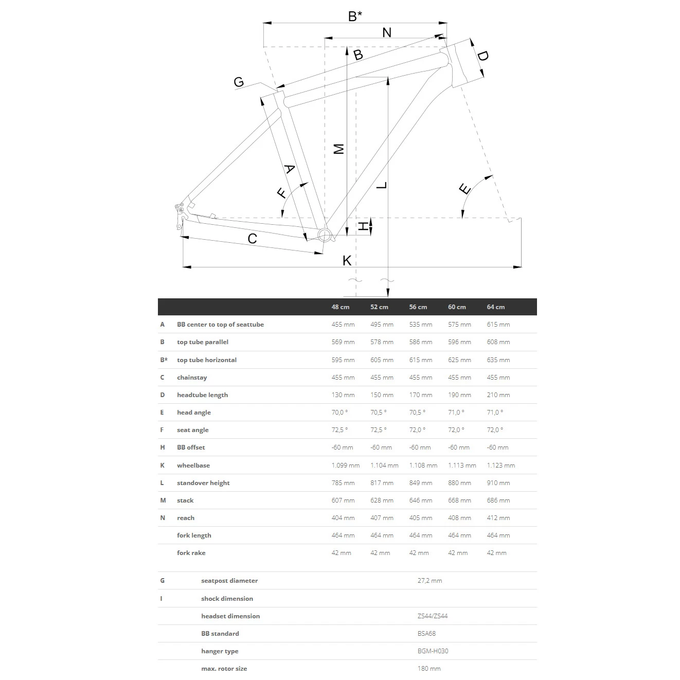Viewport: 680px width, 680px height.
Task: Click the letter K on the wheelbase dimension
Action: pos(347,260)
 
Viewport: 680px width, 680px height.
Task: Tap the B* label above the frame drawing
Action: pos(355,16)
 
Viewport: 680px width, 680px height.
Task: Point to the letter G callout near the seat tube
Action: pos(239,82)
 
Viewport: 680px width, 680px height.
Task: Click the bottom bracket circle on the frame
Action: pos(325,236)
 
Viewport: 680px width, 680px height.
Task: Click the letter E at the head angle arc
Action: pos(465,189)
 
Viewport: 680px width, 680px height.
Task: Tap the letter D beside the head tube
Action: pos(482,56)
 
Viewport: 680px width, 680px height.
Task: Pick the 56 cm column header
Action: pos(418,307)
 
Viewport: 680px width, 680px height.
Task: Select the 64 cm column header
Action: pos(495,307)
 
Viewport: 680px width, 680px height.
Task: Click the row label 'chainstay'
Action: pos(192,378)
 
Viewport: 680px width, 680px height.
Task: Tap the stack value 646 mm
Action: pos(420,500)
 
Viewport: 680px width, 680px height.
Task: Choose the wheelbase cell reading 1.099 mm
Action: pos(345,466)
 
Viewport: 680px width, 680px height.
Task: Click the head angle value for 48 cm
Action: pos(339,413)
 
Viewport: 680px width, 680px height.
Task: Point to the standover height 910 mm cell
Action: pos(498,483)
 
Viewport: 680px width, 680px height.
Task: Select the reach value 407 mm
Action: pos(382,518)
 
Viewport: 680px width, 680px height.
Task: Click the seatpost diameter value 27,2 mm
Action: pos(430,581)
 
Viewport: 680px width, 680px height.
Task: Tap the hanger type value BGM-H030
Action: pos(433,651)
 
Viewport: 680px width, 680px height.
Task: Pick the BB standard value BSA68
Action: pos(426,634)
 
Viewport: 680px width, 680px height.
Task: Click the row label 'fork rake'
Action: pos(191,553)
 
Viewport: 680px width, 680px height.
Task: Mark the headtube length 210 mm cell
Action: pos(498,395)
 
